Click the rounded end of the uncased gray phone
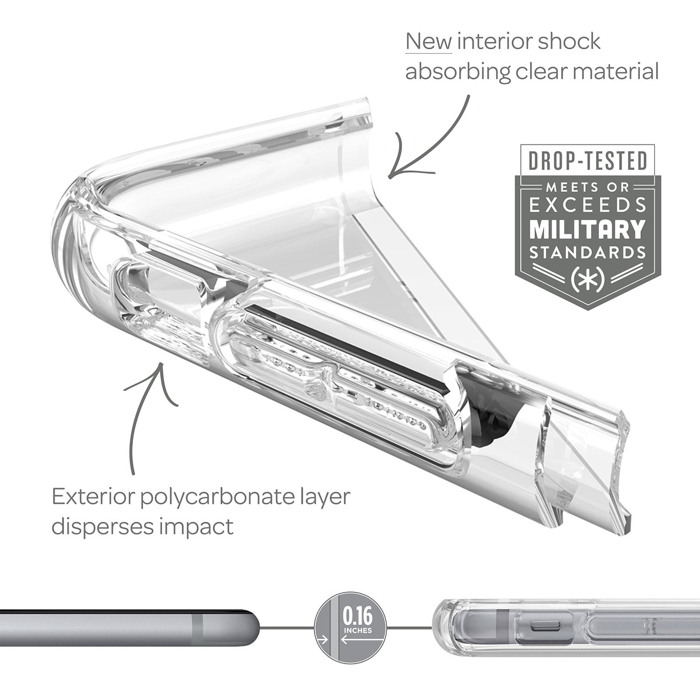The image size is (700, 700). pyautogui.click(x=250, y=629)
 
